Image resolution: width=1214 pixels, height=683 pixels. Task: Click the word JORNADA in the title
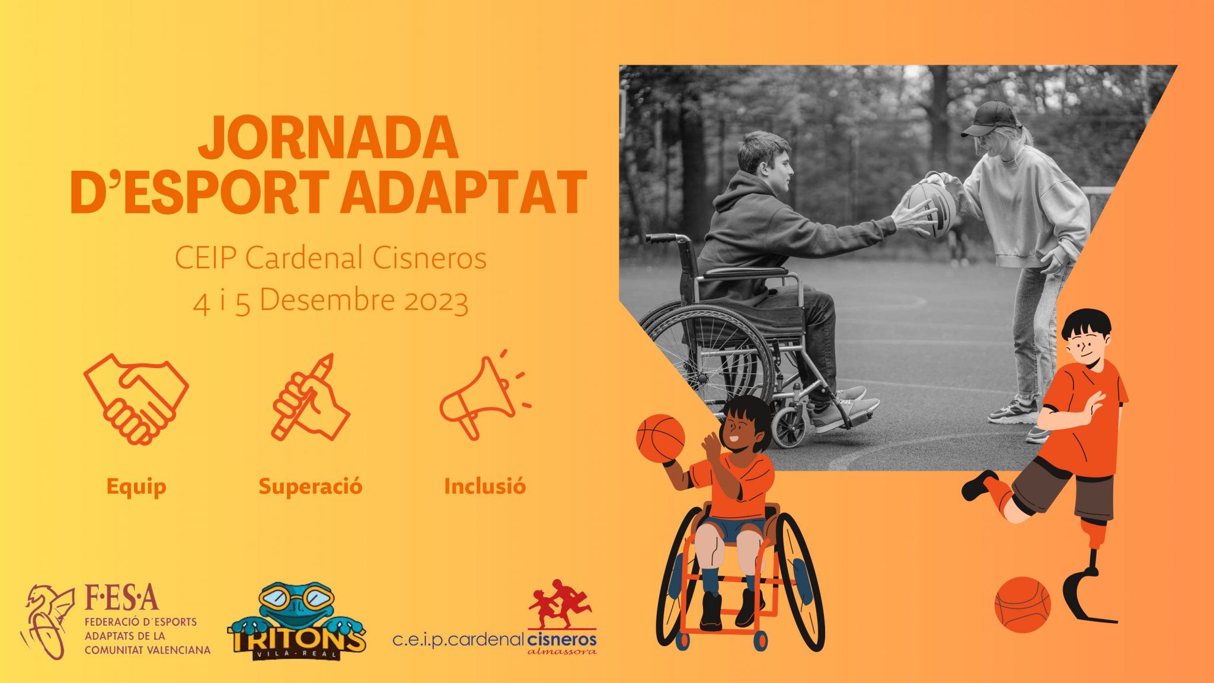[328, 137]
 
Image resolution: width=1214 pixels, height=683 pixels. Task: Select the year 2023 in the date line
[436, 301]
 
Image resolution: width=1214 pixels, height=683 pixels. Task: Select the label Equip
[136, 487]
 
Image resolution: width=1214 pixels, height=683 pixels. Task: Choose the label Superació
[311, 487]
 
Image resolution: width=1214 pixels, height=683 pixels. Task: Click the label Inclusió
[485, 486]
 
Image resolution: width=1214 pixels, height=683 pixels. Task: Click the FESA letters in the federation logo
[122, 598]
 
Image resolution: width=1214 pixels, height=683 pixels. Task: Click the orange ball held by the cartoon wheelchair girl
[660, 438]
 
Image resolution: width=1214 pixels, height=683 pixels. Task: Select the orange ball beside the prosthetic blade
[1023, 605]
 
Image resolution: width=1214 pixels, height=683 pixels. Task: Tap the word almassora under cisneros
[562, 652]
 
